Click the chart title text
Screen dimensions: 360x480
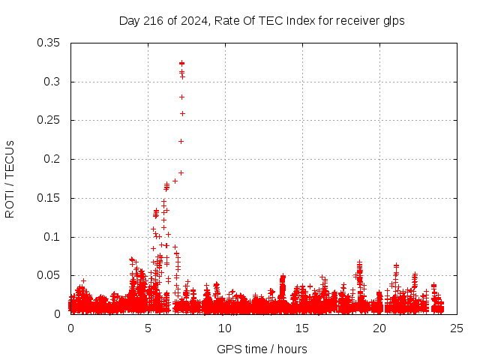[262, 21]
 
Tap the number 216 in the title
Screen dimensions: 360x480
[153, 21]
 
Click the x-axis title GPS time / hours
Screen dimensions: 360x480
[262, 349]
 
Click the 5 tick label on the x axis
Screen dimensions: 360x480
[148, 328]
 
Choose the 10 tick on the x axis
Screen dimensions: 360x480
[226, 328]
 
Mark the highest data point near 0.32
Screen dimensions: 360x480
[181, 63]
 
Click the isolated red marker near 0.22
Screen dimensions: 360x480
[181, 141]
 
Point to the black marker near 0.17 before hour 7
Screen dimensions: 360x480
[175, 181]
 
